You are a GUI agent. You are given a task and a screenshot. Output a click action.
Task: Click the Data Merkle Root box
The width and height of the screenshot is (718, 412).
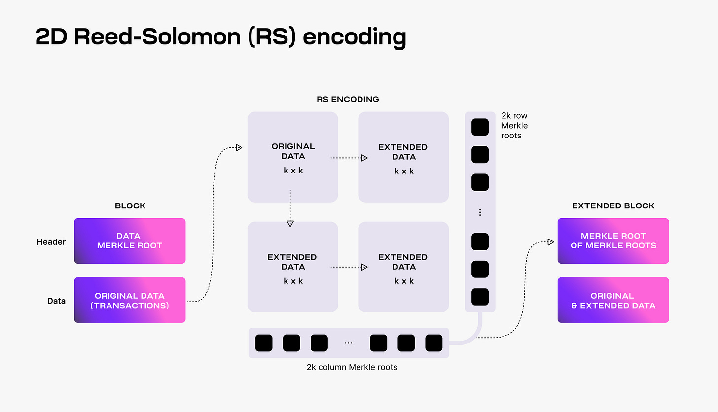point(130,240)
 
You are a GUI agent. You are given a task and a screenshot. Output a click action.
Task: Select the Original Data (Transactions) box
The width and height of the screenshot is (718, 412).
point(130,300)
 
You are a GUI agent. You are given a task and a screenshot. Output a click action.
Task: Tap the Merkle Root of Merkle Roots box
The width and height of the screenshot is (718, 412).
point(613,240)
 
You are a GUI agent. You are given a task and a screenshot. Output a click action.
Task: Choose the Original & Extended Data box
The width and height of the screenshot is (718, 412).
point(613,300)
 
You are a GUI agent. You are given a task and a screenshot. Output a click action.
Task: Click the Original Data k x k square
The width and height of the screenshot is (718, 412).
point(293,157)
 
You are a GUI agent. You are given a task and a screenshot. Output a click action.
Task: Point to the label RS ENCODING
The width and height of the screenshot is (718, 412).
point(348,99)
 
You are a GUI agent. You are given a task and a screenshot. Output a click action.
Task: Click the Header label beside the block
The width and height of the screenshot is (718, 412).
point(51,242)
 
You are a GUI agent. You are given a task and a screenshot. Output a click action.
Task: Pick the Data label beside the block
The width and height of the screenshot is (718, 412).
point(56,301)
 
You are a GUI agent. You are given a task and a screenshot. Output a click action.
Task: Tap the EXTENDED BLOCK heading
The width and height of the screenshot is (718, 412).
point(613,206)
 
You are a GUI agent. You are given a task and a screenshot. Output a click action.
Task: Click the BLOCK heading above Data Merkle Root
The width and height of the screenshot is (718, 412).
point(130,206)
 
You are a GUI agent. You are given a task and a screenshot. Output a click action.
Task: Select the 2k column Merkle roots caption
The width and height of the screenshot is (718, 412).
point(352,367)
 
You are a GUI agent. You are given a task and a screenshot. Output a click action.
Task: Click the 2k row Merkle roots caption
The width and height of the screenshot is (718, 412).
point(514,126)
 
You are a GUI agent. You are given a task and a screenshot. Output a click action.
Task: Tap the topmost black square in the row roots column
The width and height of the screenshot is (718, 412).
point(480,127)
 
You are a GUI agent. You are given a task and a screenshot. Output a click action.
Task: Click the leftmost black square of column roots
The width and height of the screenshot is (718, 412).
point(264,343)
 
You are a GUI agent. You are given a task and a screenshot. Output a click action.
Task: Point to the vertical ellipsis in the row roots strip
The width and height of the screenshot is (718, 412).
point(480,212)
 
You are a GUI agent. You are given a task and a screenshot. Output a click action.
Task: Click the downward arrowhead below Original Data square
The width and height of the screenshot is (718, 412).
point(290,223)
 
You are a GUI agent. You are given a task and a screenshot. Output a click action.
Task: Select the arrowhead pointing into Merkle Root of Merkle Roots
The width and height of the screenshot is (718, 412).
point(550,242)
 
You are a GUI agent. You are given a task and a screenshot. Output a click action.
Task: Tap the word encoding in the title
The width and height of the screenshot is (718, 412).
point(354,38)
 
